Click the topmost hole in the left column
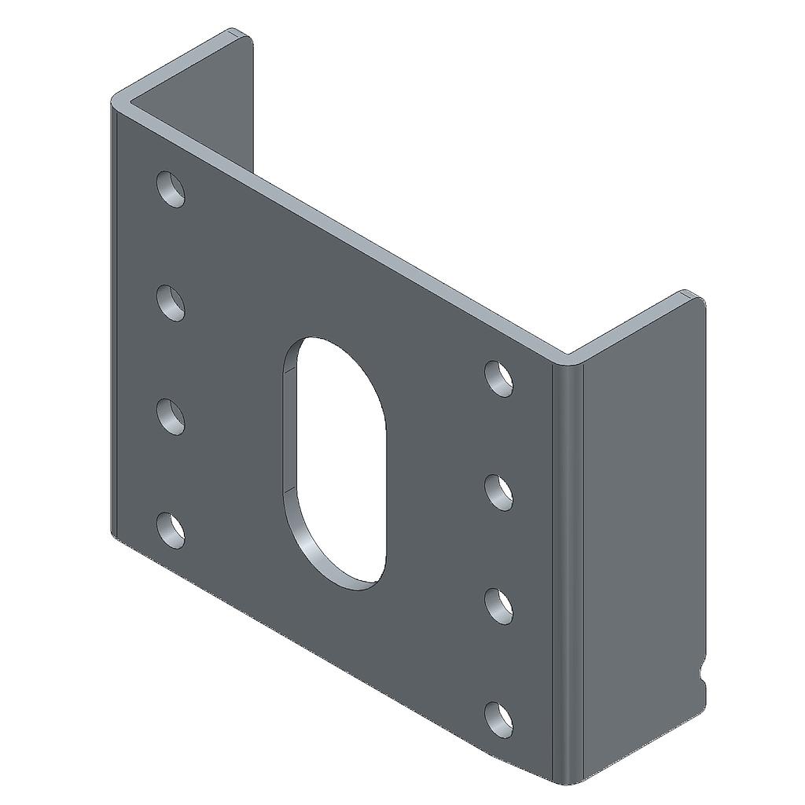171,189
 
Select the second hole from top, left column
171,303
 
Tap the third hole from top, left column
171,417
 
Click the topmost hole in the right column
498,378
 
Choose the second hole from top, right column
498,492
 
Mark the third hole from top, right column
498,605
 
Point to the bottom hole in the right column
498,719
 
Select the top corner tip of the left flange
236,32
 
